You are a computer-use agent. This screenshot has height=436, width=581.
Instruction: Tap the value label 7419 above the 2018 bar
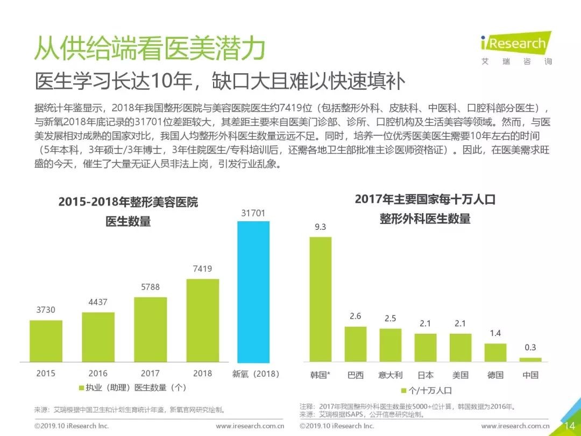[203, 269]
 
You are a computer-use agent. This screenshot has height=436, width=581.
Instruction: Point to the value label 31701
[253, 213]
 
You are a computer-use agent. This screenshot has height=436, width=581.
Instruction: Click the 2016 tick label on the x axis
[98, 373]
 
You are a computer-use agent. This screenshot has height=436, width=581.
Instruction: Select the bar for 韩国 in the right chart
[320, 299]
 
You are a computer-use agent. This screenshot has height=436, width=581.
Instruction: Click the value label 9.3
[320, 227]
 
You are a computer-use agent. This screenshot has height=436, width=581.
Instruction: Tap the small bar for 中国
[530, 359]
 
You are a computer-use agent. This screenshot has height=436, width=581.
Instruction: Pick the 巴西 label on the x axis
[356, 375]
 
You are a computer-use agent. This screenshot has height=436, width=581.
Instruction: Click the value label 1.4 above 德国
[495, 334]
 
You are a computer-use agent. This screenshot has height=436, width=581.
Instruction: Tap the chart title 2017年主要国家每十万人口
[425, 199]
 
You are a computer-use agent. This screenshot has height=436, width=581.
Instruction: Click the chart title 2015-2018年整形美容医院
[128, 202]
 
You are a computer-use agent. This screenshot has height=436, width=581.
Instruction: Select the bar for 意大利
[390, 344]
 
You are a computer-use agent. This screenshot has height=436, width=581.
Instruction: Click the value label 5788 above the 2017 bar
[150, 287]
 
